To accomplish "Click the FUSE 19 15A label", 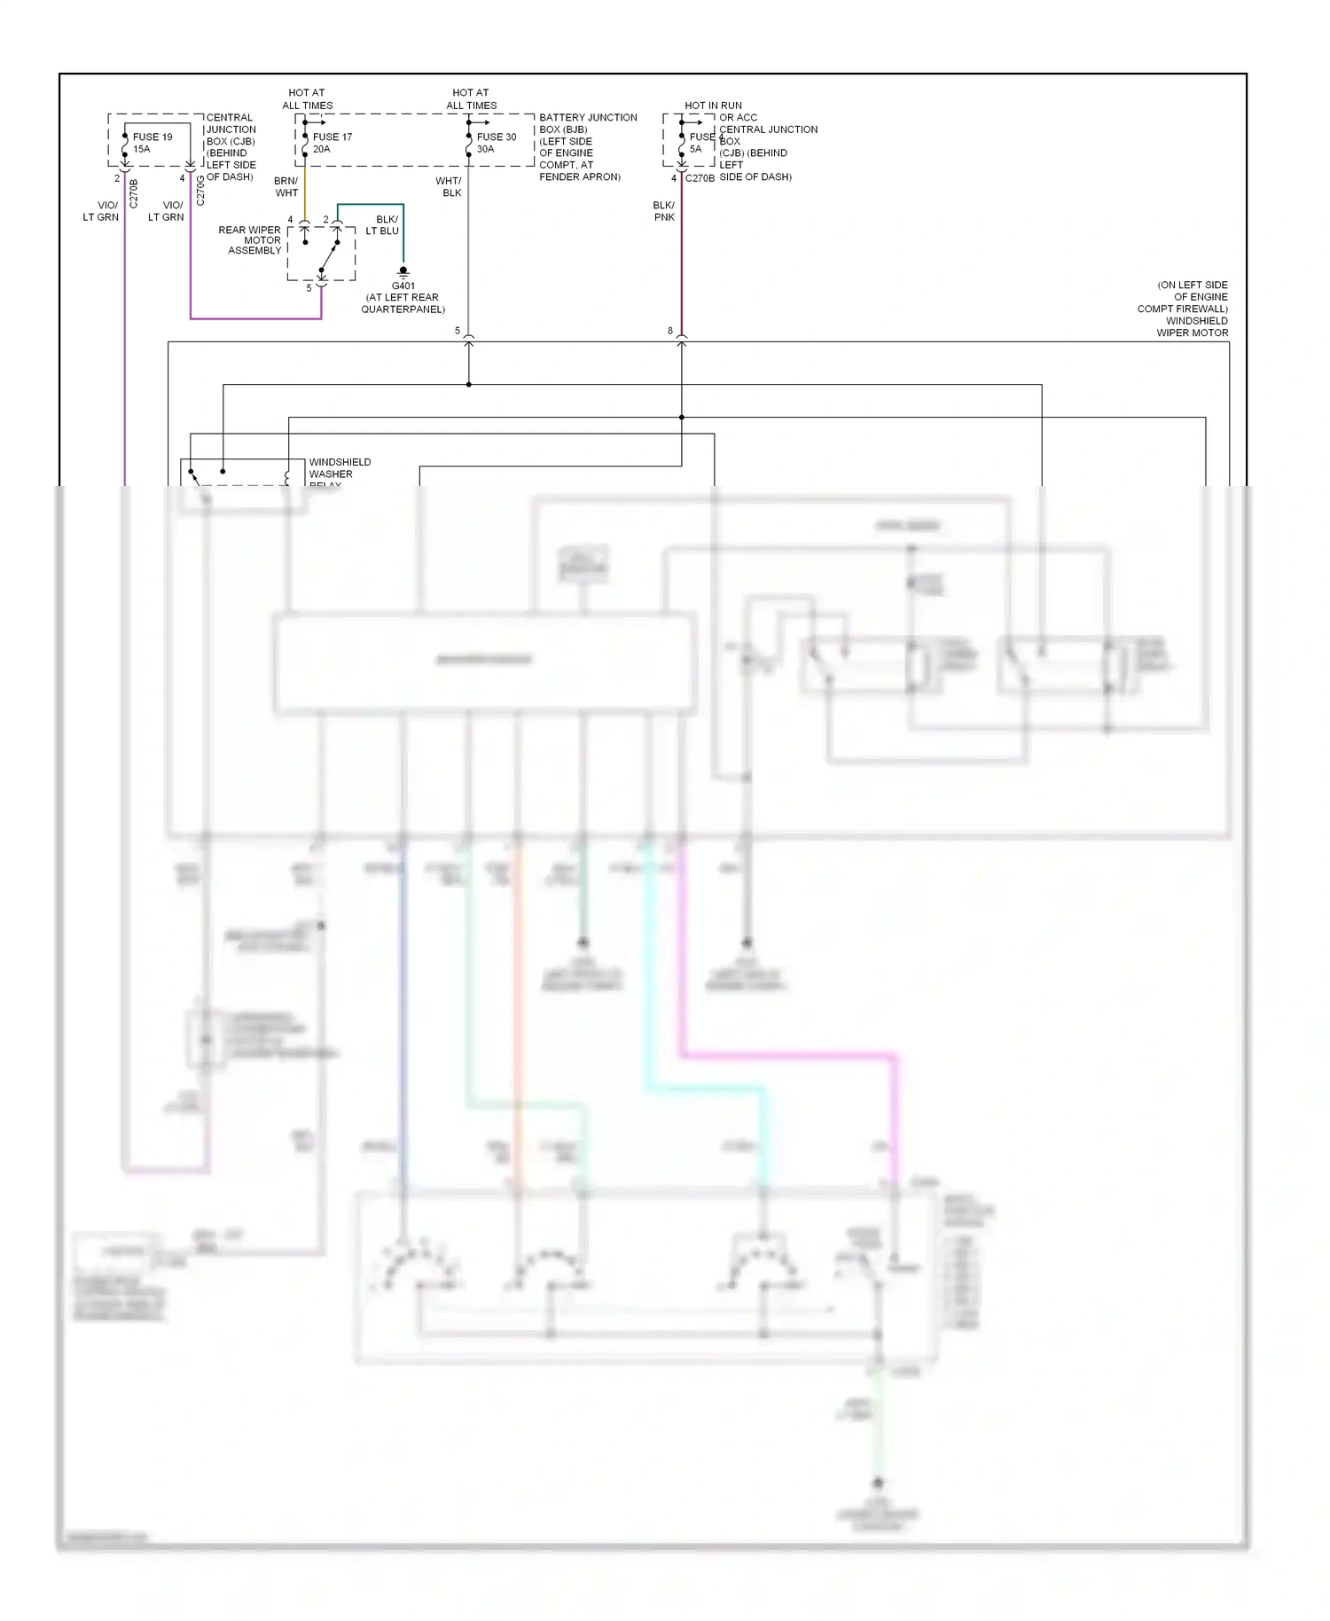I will (x=153, y=143).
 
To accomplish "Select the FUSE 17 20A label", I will (x=332, y=143).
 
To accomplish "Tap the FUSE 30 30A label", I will (x=496, y=143).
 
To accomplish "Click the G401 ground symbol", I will (x=403, y=270).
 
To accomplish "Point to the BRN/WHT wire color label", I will (x=286, y=186).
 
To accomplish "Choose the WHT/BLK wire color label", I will (x=449, y=186).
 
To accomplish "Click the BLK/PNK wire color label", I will (x=664, y=211).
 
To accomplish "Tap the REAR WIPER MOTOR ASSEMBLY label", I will (x=250, y=240).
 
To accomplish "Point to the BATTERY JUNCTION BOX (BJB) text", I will (x=588, y=123).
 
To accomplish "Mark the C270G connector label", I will (x=200, y=191).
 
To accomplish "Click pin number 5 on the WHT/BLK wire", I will (x=458, y=331).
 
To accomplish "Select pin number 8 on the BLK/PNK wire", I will (x=670, y=331).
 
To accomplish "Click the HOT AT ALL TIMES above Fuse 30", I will (x=471, y=98).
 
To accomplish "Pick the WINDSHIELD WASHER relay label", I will (x=339, y=469).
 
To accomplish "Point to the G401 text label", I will (x=403, y=286).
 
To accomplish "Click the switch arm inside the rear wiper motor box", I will (x=328, y=257).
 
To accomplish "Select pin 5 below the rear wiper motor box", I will (x=309, y=288).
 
